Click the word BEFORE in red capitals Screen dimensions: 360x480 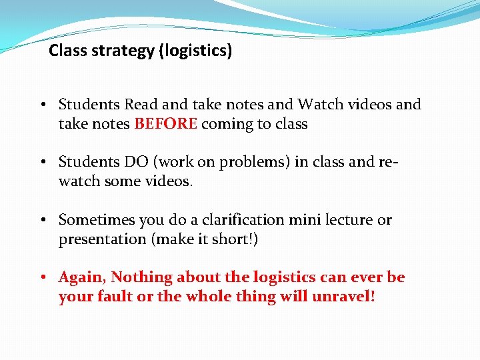pyautogui.click(x=165, y=124)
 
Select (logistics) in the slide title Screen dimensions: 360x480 pyautogui.click(x=195, y=51)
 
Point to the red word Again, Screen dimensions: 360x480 pyautogui.click(x=83, y=277)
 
